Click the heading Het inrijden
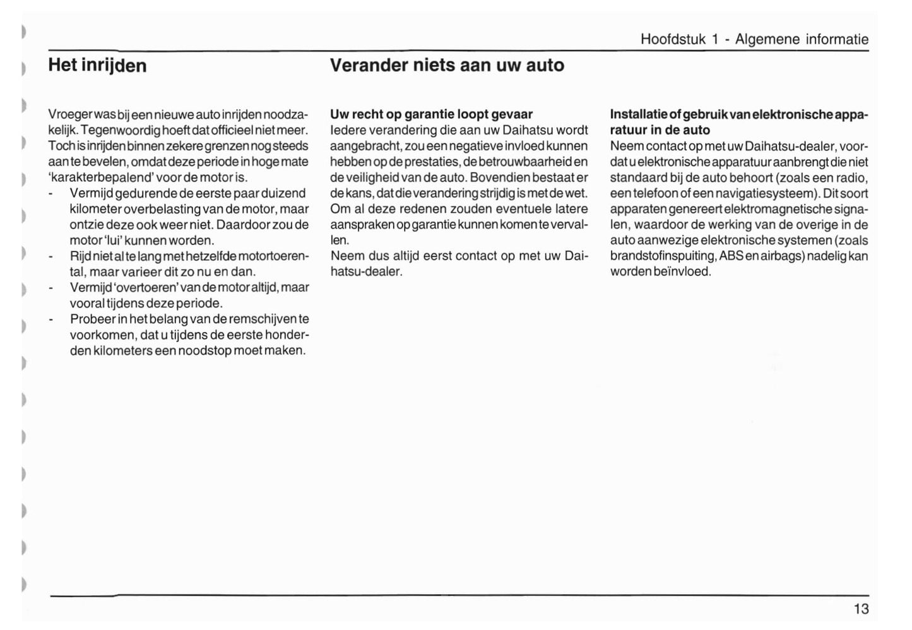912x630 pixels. (x=97, y=66)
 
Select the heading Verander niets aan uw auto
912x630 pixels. (x=447, y=66)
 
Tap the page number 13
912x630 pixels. (x=861, y=609)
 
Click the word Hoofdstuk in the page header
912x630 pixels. (x=673, y=39)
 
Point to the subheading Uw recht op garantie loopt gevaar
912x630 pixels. (x=431, y=114)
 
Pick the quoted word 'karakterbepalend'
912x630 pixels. (x=100, y=177)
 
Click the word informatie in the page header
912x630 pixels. (x=837, y=39)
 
